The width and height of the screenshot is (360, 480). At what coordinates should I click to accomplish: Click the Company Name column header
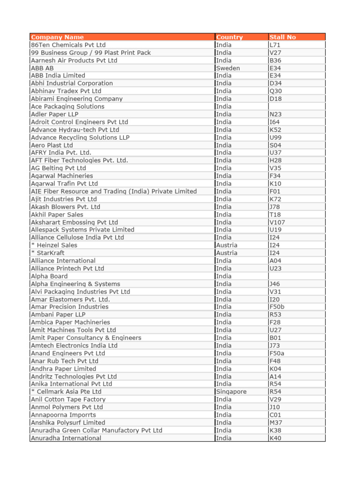pyautogui.click(x=57, y=37)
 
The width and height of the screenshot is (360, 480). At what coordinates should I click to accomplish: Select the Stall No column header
pyautogui.click(x=283, y=37)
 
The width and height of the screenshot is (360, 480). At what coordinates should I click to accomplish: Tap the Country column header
pyautogui.click(x=230, y=37)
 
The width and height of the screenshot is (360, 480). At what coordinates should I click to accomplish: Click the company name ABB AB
pyautogui.click(x=42, y=68)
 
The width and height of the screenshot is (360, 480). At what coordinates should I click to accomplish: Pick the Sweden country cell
pyautogui.click(x=228, y=68)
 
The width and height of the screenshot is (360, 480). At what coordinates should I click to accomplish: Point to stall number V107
pyautogui.click(x=277, y=222)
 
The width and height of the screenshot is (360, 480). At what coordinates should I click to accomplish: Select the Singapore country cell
pyautogui.click(x=232, y=391)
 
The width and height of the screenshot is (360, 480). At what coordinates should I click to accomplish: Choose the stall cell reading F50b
pyautogui.click(x=277, y=307)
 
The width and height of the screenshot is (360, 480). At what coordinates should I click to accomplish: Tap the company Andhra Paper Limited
pyautogui.click(x=63, y=368)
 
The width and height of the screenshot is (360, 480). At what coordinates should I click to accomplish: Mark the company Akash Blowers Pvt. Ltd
pyautogui.click(x=66, y=207)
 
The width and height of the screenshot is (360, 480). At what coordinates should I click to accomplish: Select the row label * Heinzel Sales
pyautogui.click(x=54, y=245)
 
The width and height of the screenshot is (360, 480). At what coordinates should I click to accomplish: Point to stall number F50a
pyautogui.click(x=277, y=353)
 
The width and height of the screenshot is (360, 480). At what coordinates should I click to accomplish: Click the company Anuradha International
pyautogui.click(x=66, y=438)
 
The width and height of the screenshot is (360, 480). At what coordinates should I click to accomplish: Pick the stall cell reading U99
pyautogui.click(x=276, y=137)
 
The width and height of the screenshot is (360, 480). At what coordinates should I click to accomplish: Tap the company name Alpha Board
pyautogui.click(x=49, y=276)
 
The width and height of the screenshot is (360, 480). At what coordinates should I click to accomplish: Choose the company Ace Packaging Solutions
pyautogui.click(x=67, y=106)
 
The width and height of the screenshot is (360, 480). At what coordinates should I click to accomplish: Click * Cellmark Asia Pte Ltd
pyautogui.click(x=66, y=391)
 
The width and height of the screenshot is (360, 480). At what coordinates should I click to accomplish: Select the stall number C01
pyautogui.click(x=275, y=415)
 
